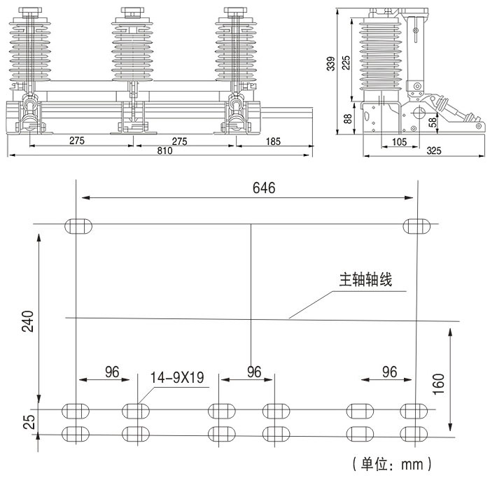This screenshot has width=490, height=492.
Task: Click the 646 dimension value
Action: tap(264, 188)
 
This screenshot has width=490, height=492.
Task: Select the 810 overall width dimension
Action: tap(165, 150)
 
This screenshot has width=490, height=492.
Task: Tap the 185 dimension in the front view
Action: tap(273, 141)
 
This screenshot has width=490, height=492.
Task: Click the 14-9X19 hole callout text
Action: tap(176, 378)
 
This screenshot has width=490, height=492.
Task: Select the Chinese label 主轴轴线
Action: tap(365, 280)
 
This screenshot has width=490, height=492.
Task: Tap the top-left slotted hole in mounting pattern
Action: tap(78, 225)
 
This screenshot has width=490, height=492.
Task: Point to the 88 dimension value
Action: tap(348, 118)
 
